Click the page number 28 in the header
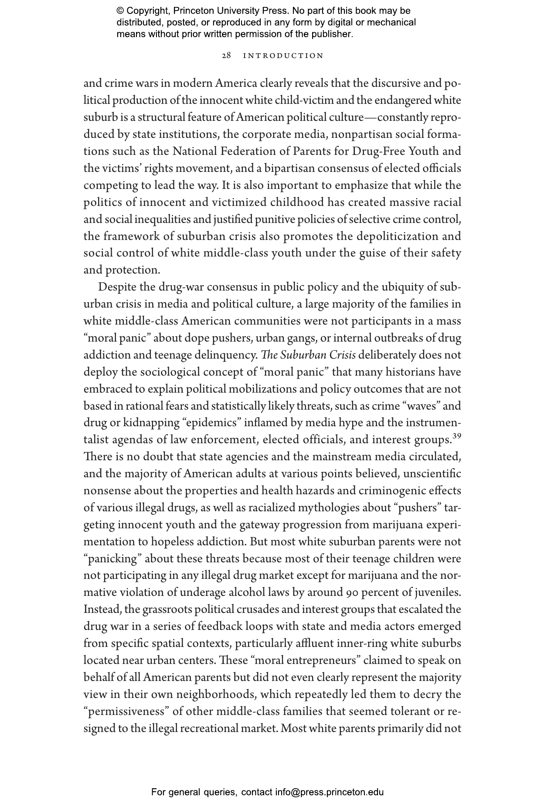tap(226, 56)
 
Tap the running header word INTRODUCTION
tap(283, 56)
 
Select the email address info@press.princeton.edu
tap(329, 792)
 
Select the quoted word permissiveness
tap(126, 711)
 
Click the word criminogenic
tap(396, 491)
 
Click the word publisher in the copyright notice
tap(330, 34)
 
